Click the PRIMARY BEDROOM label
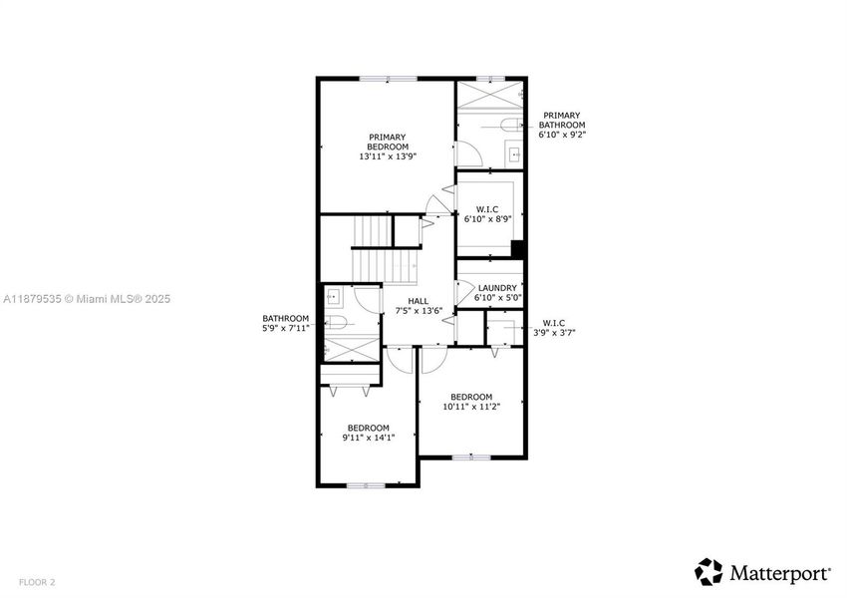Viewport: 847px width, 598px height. click(388, 147)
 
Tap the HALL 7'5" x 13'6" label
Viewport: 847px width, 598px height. click(419, 306)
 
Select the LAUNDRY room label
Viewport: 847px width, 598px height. click(489, 293)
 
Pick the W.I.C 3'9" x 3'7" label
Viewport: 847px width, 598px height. click(554, 328)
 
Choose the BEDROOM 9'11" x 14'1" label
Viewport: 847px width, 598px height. click(368, 433)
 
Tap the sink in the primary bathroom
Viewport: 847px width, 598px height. click(514, 153)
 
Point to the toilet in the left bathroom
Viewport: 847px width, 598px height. click(336, 322)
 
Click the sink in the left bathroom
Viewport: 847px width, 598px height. click(334, 296)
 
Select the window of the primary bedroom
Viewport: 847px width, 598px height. click(388, 79)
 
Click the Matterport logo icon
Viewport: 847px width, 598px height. click(708, 571)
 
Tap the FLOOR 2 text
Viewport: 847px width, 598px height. click(36, 581)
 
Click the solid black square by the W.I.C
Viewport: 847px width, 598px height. click(517, 249)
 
